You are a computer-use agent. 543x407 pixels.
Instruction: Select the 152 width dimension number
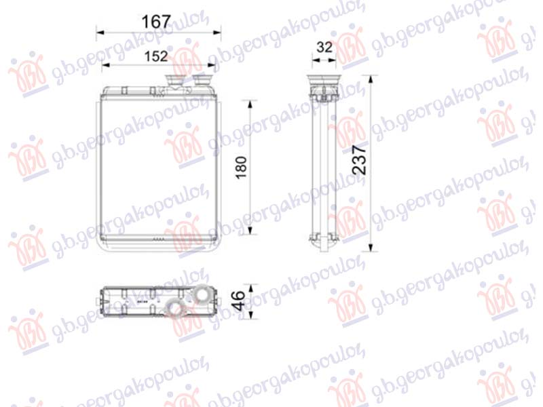[x=156, y=56]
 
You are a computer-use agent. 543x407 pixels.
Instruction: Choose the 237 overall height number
[x=360, y=160]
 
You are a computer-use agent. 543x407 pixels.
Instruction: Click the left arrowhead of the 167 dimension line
[x=99, y=32]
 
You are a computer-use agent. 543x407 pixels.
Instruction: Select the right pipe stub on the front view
[x=202, y=81]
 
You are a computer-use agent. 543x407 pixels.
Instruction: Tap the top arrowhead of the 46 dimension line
[x=252, y=287]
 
